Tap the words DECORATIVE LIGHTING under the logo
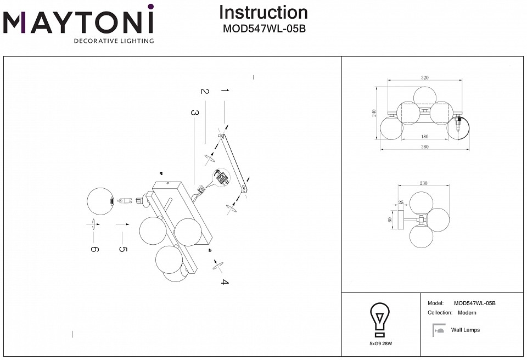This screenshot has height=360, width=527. click(114, 41)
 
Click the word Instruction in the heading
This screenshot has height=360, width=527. click(263, 13)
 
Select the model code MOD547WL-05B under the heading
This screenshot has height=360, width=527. click(263, 30)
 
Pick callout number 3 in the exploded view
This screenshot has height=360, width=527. click(194, 113)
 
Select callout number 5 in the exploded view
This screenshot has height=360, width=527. click(122, 249)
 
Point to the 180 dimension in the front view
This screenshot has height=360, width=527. click(424, 137)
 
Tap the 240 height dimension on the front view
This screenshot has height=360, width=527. click(374, 113)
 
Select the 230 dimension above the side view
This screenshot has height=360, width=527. click(423, 184)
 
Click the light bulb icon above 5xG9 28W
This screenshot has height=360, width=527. click(380, 319)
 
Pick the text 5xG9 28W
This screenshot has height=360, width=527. click(380, 343)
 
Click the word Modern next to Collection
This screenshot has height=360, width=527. click(467, 313)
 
